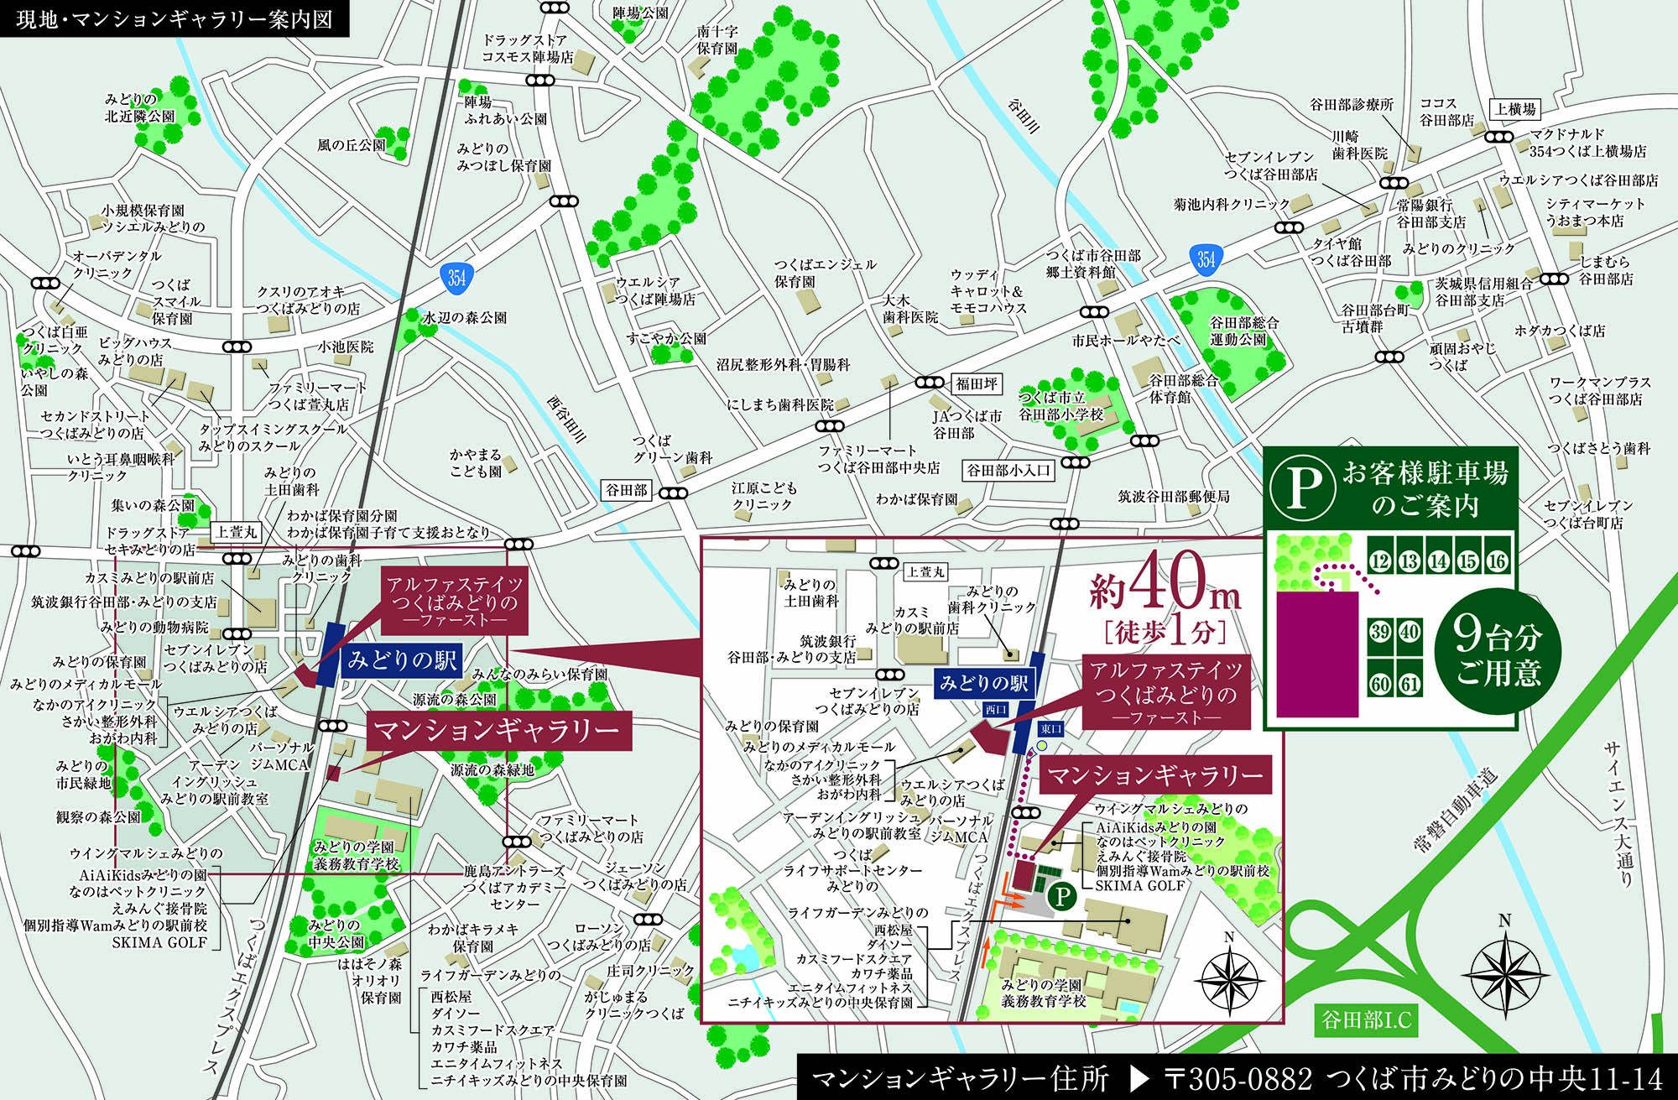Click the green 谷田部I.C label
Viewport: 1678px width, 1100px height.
1366,1020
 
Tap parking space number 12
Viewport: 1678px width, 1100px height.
1380,560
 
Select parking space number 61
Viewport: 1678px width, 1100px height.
1410,684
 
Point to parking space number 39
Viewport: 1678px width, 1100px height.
1380,631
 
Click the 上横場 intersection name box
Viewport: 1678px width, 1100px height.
1515,109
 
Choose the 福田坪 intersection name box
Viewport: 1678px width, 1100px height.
977,383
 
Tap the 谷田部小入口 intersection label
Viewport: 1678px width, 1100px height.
1008,470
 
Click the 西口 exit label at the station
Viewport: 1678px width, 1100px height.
996,710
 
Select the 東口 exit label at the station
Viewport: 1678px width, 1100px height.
1050,729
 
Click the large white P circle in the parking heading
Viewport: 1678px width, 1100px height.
1301,488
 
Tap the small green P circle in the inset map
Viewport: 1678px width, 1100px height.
1062,896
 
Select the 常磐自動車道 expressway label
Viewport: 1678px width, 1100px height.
1456,810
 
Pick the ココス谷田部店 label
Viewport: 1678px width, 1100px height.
1446,112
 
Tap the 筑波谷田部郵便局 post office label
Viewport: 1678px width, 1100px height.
1174,497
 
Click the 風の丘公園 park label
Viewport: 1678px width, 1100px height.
351,145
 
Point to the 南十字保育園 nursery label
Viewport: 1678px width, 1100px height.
717,39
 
